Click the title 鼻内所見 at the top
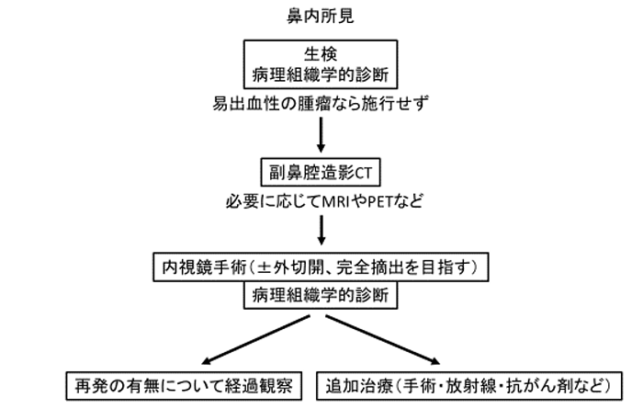click(x=321, y=16)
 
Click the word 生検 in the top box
click(x=321, y=54)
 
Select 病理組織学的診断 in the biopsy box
click(x=321, y=74)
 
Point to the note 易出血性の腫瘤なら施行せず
click(x=321, y=103)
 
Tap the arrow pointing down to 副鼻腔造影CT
click(x=321, y=135)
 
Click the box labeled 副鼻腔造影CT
click(x=321, y=172)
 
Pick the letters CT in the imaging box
click(x=364, y=173)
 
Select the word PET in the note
click(x=379, y=201)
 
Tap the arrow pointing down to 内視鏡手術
click(x=321, y=231)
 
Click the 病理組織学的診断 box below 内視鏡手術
click(x=321, y=295)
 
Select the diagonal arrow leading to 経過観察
click(x=256, y=340)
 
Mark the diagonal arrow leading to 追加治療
click(x=383, y=340)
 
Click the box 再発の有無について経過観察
click(x=184, y=386)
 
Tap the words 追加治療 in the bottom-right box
click(x=359, y=386)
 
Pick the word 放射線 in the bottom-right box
click(x=471, y=386)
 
